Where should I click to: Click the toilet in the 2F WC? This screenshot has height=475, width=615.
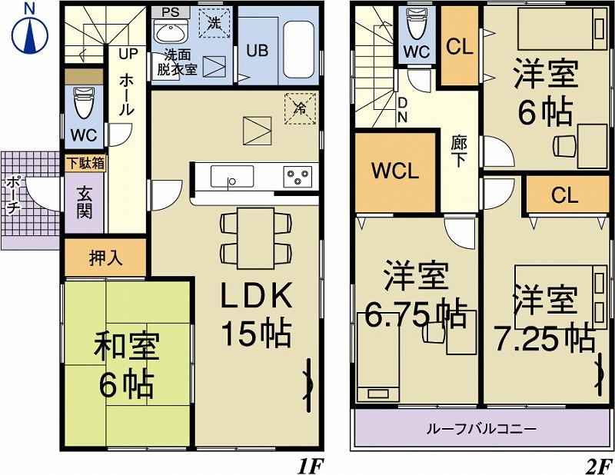pos(416,26)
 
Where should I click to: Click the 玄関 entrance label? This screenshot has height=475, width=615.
pos(84,202)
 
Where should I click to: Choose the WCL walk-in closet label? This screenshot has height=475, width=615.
pos(395,171)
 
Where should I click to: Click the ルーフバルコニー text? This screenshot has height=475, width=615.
pos(481,428)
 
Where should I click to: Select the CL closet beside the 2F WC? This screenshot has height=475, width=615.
pos(459,46)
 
